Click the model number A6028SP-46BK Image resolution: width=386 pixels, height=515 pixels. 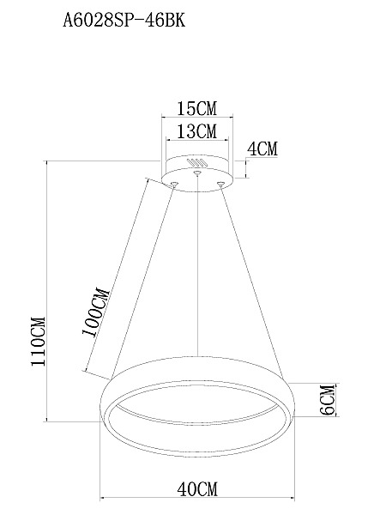pos(124,21)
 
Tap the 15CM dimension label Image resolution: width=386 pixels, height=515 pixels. pos(197,108)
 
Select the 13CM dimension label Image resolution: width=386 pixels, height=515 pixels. pos(197,131)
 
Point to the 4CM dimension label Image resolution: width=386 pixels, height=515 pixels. pos(262,148)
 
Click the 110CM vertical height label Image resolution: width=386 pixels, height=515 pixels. pos(38,342)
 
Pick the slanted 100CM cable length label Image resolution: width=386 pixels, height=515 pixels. pos(95,312)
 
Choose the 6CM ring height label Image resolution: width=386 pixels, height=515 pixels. pos(328,400)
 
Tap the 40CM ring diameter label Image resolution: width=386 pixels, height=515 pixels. pos(197,489)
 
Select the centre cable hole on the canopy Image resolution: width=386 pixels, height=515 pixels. pos(197,173)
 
